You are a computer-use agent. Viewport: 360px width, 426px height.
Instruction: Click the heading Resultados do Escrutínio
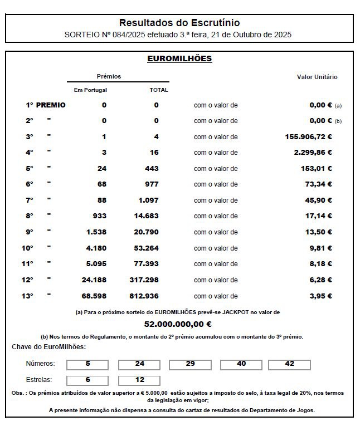[x=179, y=23]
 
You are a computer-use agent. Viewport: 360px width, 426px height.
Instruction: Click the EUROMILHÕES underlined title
[x=179, y=58]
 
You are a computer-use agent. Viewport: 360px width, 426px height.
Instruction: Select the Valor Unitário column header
[x=317, y=77]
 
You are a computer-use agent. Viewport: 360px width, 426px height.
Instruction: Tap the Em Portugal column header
[x=90, y=90]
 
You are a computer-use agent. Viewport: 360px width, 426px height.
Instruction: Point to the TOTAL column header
[x=159, y=90]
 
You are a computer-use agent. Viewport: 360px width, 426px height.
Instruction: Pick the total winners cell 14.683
[x=147, y=216]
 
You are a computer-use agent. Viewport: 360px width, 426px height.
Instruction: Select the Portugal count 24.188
[x=94, y=280]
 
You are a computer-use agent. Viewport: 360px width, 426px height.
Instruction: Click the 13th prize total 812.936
[x=144, y=296]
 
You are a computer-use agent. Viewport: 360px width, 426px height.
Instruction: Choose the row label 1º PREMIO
[x=45, y=105]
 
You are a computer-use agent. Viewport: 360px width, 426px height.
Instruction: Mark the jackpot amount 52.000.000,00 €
[x=178, y=324]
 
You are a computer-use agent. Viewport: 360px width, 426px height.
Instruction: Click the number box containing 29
[x=190, y=364]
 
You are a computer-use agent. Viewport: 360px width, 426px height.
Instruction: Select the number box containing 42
[x=289, y=364]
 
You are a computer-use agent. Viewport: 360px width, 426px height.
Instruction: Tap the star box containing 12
[x=140, y=380]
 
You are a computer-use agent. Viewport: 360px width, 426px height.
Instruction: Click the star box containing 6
[x=87, y=380]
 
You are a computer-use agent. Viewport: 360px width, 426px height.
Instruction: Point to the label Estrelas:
[x=39, y=380]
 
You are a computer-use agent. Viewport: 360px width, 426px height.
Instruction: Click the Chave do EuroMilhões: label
[x=48, y=347]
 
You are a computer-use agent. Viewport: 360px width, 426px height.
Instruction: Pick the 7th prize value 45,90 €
[x=318, y=200]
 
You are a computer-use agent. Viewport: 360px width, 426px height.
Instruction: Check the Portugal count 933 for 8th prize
[x=99, y=216]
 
